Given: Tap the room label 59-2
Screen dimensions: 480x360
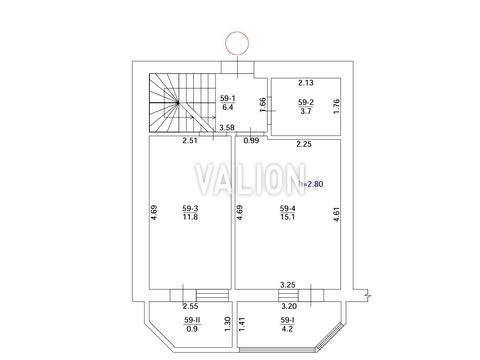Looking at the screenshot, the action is tap(306, 102).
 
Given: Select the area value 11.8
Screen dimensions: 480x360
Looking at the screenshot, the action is tap(190, 217).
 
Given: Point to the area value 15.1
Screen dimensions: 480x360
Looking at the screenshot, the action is tap(287, 217).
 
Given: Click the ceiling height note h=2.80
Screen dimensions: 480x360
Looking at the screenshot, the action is tap(311, 184).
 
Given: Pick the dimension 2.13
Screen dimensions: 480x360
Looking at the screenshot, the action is tap(306, 83).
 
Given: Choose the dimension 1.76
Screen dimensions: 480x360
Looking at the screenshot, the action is tap(336, 106).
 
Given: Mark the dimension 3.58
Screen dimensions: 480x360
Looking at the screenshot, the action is tap(227, 127).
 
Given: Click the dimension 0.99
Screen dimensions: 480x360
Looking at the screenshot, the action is tap(251, 140).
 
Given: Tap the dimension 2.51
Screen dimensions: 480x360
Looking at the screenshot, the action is tap(190, 140).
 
